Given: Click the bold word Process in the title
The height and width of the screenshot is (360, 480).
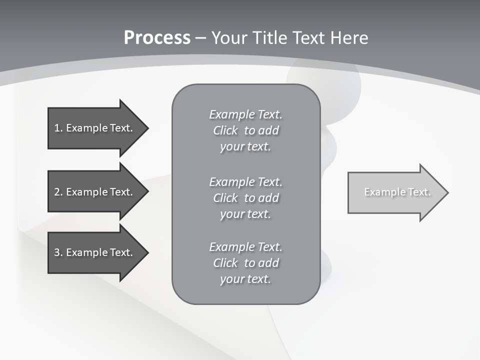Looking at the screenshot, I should (x=157, y=38).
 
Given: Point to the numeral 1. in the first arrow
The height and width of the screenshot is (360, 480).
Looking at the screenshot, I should (x=58, y=128).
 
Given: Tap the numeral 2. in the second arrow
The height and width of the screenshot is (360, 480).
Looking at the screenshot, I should (x=58, y=192).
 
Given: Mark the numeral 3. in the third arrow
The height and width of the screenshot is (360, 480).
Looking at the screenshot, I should (x=58, y=252).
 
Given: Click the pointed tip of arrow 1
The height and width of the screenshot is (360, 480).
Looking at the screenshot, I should (x=146, y=128).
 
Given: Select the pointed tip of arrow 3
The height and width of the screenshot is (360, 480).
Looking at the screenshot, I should (x=146, y=252).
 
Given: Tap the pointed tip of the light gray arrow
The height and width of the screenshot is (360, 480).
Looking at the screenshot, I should (x=446, y=192).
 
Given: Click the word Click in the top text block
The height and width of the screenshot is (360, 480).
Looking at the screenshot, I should (x=225, y=130).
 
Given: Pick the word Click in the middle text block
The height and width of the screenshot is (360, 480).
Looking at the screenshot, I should (x=225, y=198).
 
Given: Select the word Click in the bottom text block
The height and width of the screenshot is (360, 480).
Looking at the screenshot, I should (x=225, y=263).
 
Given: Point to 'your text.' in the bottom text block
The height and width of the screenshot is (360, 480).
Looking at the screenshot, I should (x=245, y=279).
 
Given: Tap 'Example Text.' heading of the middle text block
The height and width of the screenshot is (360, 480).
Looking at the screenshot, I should (x=245, y=182).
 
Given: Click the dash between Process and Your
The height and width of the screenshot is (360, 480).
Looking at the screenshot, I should (x=200, y=38).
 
